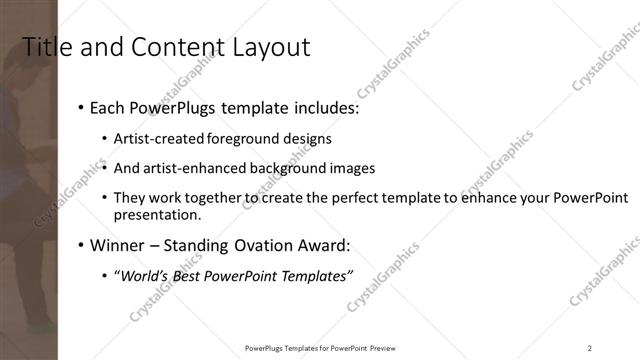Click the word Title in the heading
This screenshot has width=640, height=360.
(x=46, y=47)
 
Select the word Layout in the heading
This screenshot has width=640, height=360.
(x=269, y=47)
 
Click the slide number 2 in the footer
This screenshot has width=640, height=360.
(x=589, y=347)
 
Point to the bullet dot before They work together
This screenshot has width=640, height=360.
(x=105, y=198)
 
